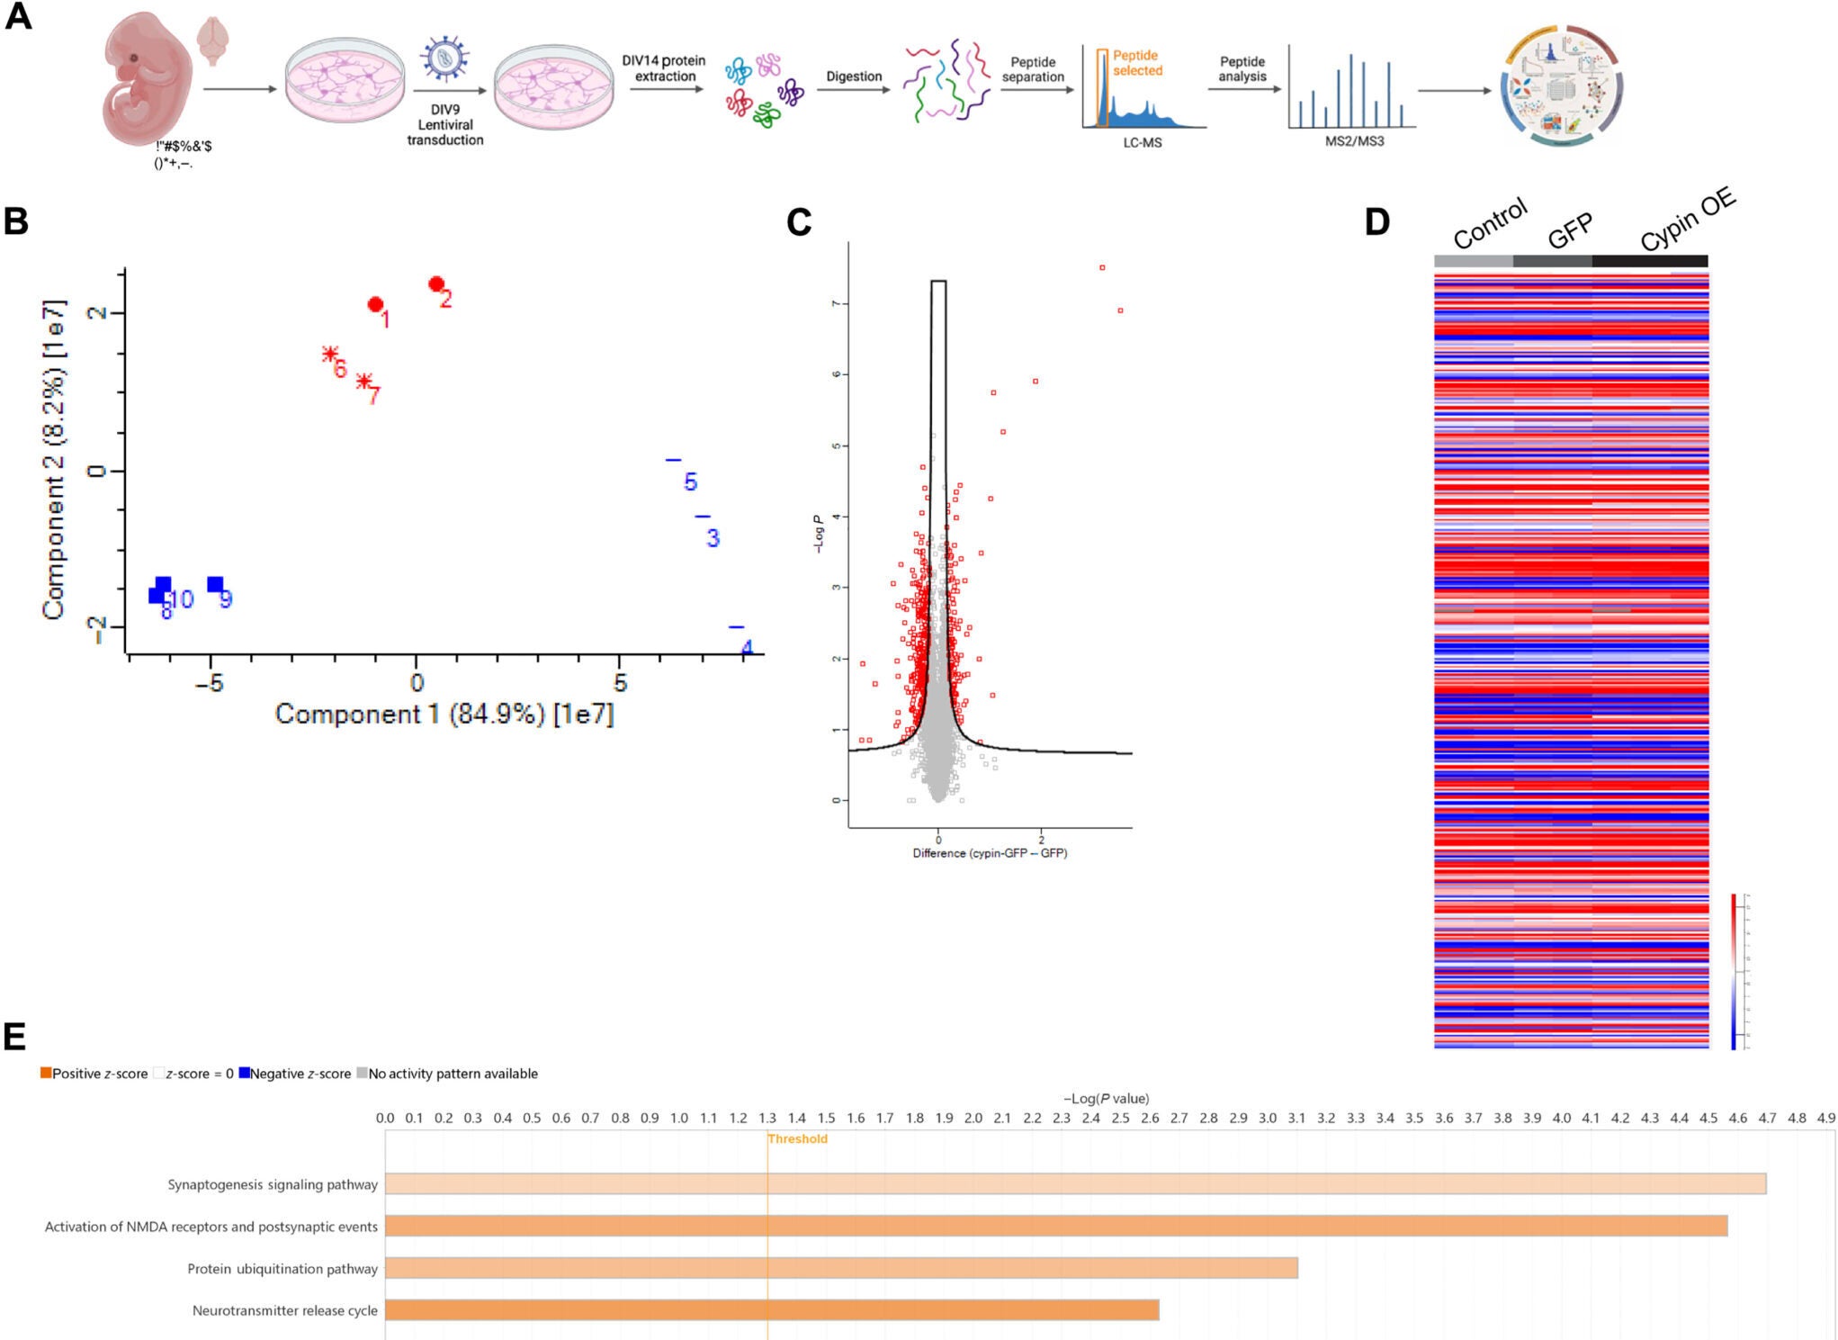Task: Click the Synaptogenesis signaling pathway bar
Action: pos(1075,1183)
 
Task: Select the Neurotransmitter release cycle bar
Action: pos(772,1309)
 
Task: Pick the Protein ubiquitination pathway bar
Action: pos(841,1267)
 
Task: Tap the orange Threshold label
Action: pos(797,1138)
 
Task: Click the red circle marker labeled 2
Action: pos(436,284)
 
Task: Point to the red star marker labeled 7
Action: pos(363,381)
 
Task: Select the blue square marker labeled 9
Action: pos(215,585)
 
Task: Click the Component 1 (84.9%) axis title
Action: pos(444,714)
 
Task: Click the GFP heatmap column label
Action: pos(1570,230)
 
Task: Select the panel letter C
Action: pos(798,222)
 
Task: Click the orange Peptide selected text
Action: pos(1137,63)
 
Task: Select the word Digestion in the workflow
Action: pos(854,76)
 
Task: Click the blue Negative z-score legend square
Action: pos(244,1073)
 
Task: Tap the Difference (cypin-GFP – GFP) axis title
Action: pos(990,853)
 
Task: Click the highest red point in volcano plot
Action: pos(1102,267)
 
